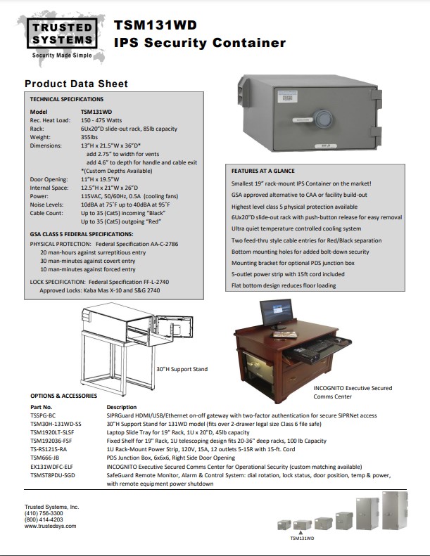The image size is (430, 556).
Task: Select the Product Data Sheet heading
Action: click(x=76, y=84)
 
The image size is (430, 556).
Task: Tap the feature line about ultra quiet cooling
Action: click(x=296, y=228)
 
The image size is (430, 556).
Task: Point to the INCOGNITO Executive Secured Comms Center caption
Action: click(x=351, y=391)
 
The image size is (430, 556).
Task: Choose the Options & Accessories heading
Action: click(x=63, y=396)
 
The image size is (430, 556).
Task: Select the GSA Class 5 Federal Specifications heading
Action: click(x=82, y=233)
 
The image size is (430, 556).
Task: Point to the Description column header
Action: click(x=122, y=406)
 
